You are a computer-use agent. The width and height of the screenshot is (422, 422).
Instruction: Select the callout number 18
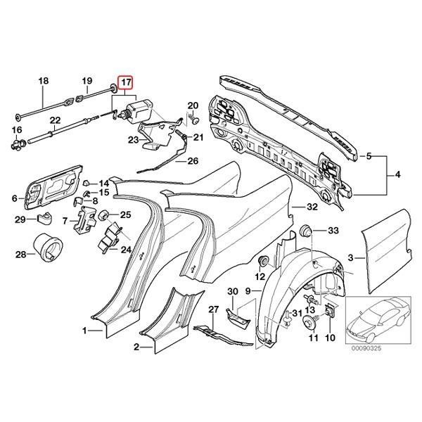(44, 82)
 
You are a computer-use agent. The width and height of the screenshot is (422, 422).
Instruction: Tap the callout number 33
(333, 231)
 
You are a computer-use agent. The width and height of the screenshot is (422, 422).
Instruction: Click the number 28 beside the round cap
(20, 254)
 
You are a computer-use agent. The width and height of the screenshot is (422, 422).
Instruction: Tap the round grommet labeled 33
(307, 231)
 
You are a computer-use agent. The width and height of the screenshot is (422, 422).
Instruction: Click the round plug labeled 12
(265, 262)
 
